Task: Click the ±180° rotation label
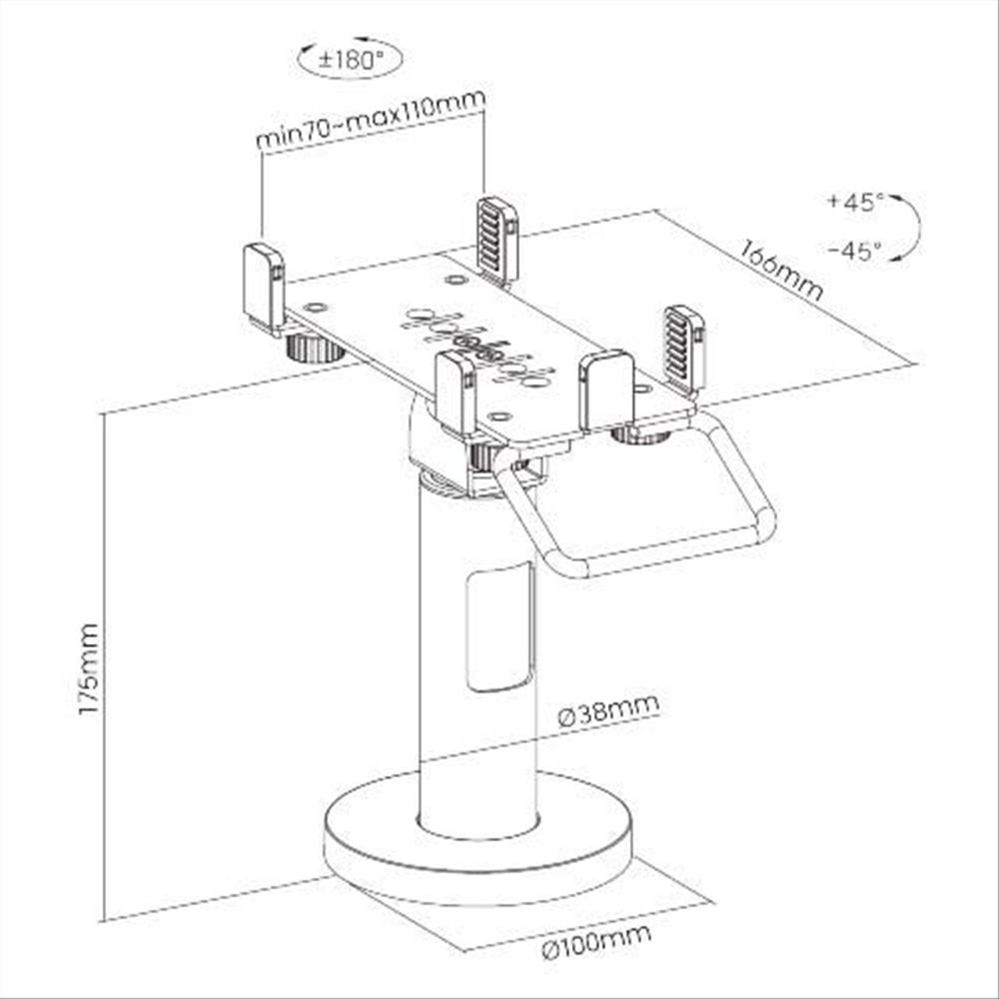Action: (x=351, y=59)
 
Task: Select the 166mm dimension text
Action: (x=781, y=271)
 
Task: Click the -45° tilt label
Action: (x=856, y=251)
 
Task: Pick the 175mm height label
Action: (x=88, y=670)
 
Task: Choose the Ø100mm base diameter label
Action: (x=597, y=934)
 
